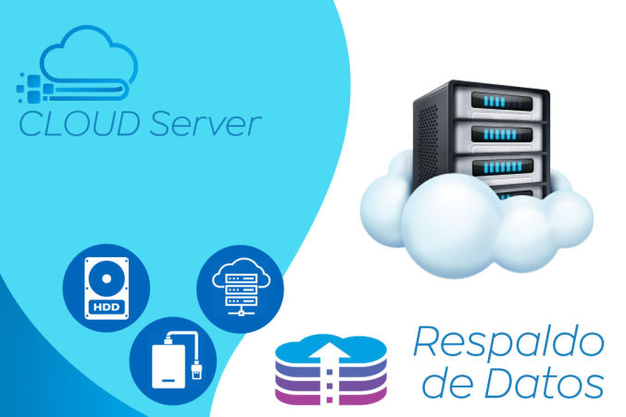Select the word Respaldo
[507, 343]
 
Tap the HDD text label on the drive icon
[106, 306]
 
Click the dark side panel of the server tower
[428, 139]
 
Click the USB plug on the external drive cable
[198, 371]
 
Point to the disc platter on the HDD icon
[105, 278]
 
